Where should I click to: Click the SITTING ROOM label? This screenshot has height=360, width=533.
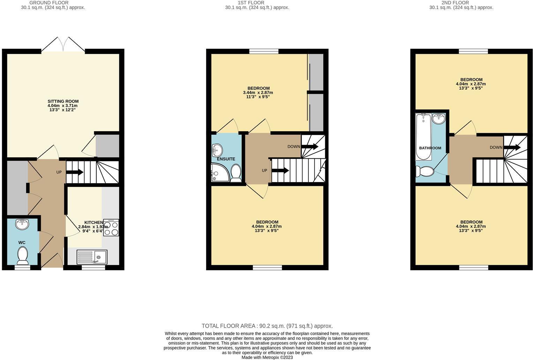point(63,102)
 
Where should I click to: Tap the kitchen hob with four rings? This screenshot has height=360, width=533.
point(111,227)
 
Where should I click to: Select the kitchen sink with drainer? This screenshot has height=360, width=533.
point(92,257)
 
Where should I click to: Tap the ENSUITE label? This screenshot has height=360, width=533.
point(226,159)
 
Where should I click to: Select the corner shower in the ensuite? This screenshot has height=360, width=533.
point(219,173)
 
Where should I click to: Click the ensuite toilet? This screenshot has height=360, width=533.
point(237,173)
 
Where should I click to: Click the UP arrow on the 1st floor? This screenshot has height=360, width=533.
point(280,171)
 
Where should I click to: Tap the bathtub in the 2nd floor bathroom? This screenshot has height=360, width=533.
point(423,136)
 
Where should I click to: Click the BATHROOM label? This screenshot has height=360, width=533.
point(430,148)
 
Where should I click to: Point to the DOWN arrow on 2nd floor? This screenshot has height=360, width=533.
point(512,148)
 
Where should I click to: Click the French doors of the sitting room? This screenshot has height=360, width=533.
point(63,44)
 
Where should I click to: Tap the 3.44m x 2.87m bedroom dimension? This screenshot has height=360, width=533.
point(258,92)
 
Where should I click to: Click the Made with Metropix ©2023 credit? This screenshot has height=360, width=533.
point(267,357)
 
